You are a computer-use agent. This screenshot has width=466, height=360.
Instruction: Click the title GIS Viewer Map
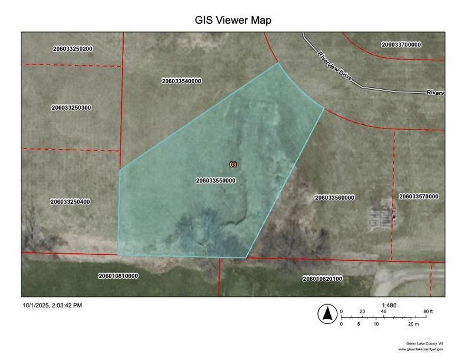click(233, 20)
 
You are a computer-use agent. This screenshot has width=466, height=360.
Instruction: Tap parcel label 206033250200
click(73, 49)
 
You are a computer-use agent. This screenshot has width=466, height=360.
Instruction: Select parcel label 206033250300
click(71, 108)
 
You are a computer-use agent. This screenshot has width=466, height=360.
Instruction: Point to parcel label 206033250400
click(70, 202)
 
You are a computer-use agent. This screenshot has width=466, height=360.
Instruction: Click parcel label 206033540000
click(181, 81)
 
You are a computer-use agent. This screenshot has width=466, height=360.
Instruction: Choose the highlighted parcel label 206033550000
click(216, 181)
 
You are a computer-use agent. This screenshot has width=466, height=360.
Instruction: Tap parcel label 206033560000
click(334, 198)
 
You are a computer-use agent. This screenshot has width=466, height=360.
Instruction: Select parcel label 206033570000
click(419, 197)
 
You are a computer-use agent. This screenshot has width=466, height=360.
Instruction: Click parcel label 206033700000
click(401, 45)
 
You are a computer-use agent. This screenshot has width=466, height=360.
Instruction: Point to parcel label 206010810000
click(118, 276)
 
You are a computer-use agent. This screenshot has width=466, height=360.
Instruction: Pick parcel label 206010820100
click(323, 278)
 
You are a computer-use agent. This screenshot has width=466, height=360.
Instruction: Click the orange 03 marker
click(233, 164)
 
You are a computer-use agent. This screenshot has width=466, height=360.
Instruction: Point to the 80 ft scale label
click(428, 311)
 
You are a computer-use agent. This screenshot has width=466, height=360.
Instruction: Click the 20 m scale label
click(413, 324)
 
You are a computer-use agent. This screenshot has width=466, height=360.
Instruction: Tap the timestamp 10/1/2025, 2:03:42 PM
click(52, 305)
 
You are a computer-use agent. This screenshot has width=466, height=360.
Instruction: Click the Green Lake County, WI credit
click(424, 343)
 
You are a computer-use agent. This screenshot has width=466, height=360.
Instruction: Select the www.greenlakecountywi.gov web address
click(420, 349)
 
